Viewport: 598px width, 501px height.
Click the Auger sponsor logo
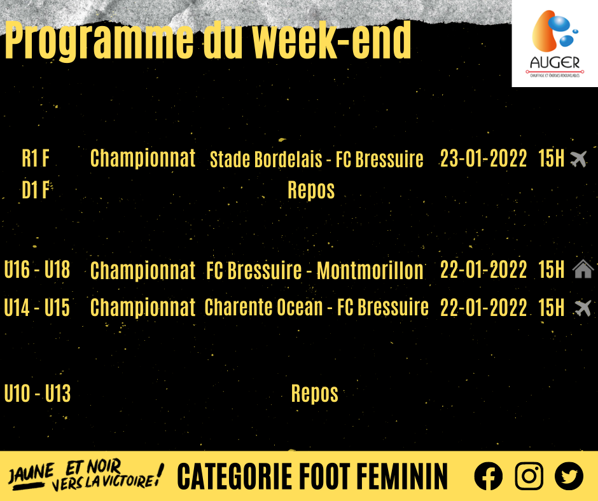click(x=555, y=43)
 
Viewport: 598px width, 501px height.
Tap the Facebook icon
click(x=488, y=476)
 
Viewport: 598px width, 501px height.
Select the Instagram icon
click(x=529, y=476)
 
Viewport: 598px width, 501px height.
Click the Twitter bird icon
click(x=569, y=476)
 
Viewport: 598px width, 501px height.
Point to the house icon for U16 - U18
click(x=583, y=269)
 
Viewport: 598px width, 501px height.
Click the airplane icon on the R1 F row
click(x=578, y=158)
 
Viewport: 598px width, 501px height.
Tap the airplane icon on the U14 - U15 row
click(x=583, y=308)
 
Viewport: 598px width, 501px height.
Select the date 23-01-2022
click(x=483, y=158)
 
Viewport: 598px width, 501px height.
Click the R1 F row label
click(x=36, y=158)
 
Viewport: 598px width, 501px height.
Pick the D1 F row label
click(x=36, y=189)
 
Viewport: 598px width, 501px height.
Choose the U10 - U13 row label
click(x=38, y=394)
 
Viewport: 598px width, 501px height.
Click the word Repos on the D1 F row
click(x=311, y=190)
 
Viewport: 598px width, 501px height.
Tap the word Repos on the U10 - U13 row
click(x=315, y=394)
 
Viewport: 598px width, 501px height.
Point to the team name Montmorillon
click(x=370, y=270)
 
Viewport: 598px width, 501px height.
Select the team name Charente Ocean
click(x=264, y=307)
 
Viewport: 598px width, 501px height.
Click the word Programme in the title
click(x=99, y=41)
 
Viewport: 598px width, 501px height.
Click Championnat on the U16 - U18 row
click(x=143, y=270)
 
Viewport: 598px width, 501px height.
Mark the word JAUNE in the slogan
click(x=31, y=474)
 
